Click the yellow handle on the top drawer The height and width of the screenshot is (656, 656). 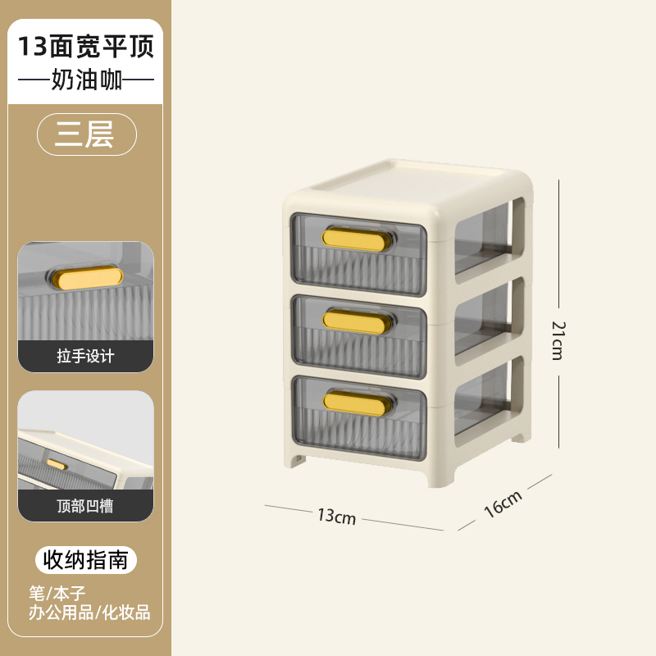[353, 239]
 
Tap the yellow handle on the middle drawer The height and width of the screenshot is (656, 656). [354, 321]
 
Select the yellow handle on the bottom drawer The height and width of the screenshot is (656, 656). [354, 401]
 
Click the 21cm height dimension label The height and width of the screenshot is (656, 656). [558, 339]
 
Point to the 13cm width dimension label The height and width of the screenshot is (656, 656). [336, 516]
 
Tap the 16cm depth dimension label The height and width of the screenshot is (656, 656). [503, 503]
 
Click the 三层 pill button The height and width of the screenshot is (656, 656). [85, 134]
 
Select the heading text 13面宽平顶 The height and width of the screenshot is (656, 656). [86, 47]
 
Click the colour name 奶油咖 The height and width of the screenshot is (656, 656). [86, 82]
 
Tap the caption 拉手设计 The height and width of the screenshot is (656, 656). [86, 357]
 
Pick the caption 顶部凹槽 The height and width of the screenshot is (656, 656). [86, 506]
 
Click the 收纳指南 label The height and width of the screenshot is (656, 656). [86, 560]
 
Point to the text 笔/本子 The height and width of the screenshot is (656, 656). [57, 593]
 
